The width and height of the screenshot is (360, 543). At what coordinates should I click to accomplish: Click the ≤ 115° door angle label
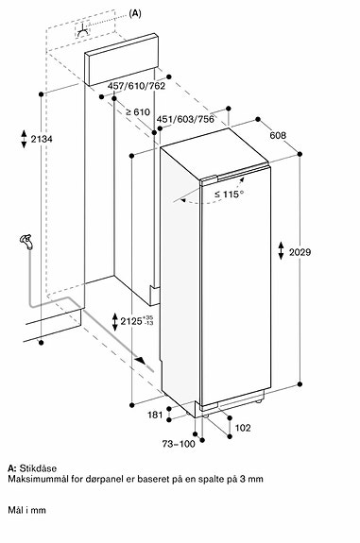(x=228, y=195)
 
